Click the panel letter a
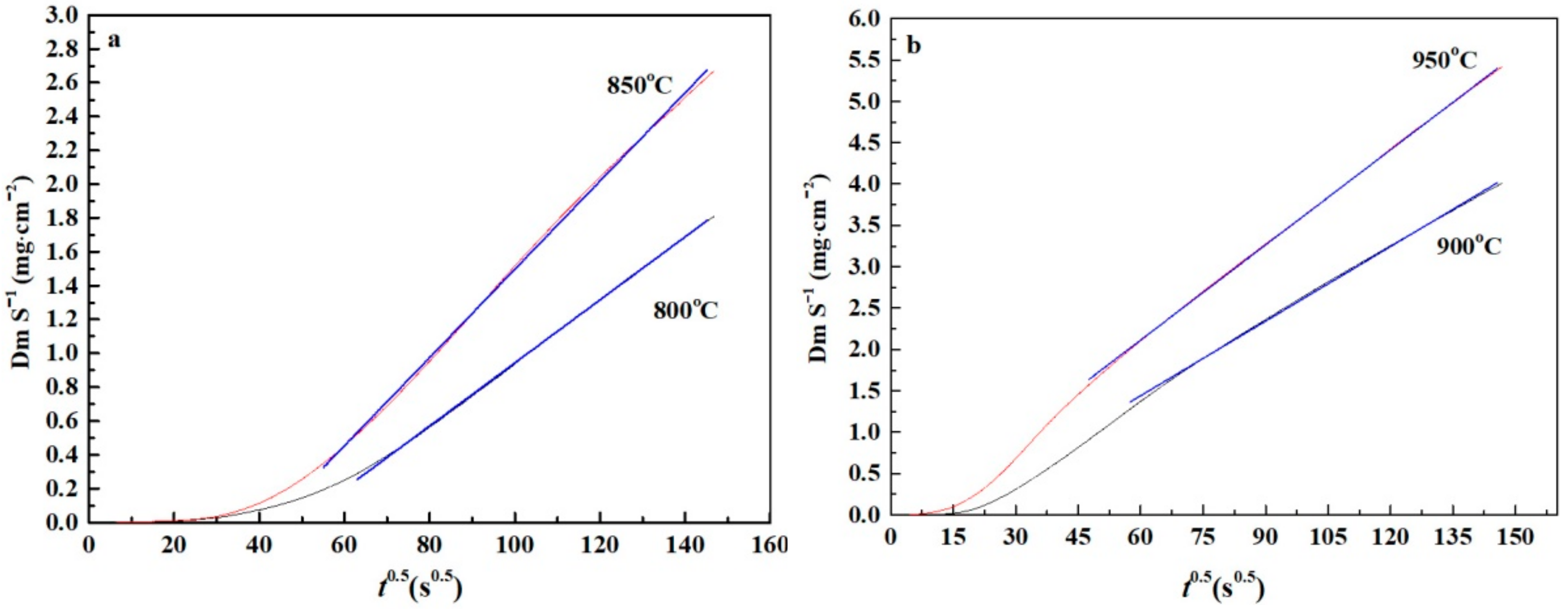click(114, 41)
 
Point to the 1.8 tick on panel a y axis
click(62, 218)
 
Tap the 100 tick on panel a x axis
click(515, 545)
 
